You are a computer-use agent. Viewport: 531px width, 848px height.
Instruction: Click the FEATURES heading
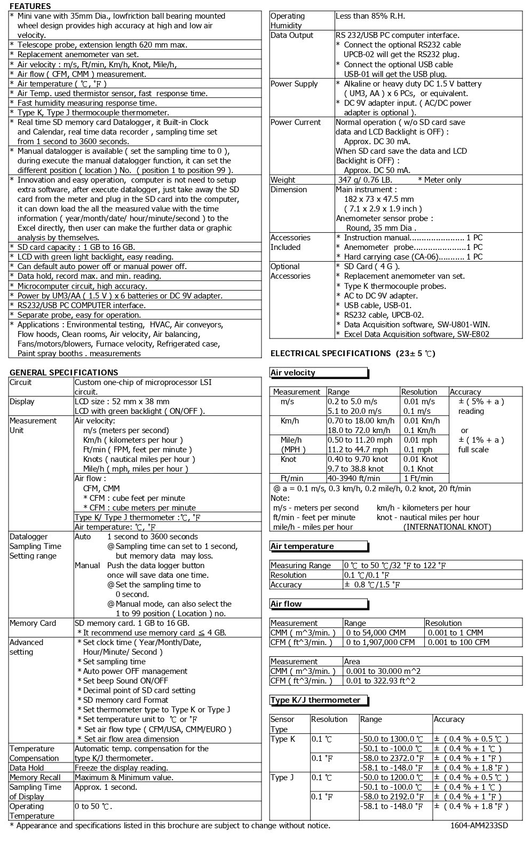[30, 6]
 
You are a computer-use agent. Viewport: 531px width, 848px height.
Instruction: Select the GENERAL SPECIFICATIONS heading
[64, 372]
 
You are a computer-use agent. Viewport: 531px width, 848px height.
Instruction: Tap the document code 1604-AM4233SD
[479, 826]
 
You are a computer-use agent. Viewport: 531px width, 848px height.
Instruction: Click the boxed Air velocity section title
[293, 373]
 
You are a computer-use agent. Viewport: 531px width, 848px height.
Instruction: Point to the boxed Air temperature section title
[302, 546]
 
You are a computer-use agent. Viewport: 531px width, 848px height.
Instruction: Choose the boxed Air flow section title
[286, 604]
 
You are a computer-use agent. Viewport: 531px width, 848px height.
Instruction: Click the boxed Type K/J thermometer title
[315, 700]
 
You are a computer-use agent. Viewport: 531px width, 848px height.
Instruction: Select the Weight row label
[283, 180]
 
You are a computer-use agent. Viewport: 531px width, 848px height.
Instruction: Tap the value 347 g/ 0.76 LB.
[365, 180]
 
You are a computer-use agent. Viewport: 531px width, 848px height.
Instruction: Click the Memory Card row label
[33, 623]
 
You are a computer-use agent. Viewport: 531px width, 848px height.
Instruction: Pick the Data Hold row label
[27, 768]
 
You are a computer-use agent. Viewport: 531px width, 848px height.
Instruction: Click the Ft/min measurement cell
[292, 478]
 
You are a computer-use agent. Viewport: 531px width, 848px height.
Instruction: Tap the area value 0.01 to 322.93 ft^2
[381, 681]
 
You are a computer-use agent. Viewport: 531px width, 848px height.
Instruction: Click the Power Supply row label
[294, 84]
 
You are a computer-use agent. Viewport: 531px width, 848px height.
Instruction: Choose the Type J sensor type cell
[282, 778]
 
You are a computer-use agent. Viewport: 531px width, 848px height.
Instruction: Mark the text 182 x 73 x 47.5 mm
[379, 199]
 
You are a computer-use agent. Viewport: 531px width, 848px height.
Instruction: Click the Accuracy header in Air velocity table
[465, 392]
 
